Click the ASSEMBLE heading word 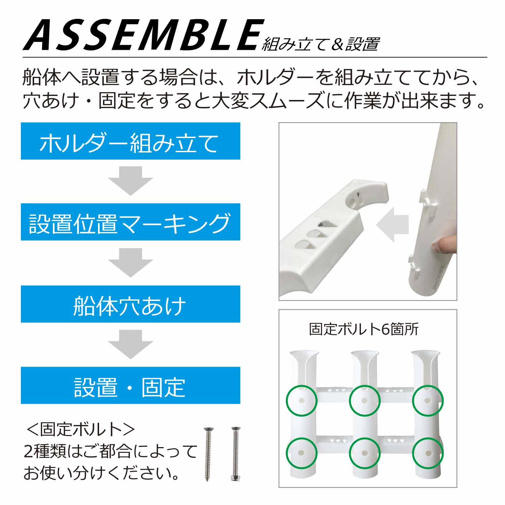143,35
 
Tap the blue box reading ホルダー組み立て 130,141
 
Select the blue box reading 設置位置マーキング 130,222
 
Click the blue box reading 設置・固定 130,385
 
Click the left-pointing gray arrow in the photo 392,224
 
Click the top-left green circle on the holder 302,401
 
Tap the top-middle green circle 365,401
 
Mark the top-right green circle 428,401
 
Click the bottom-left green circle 302,453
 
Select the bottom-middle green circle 365,453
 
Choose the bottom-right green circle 428,453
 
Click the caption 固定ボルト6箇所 364,329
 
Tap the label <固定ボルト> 81,429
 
